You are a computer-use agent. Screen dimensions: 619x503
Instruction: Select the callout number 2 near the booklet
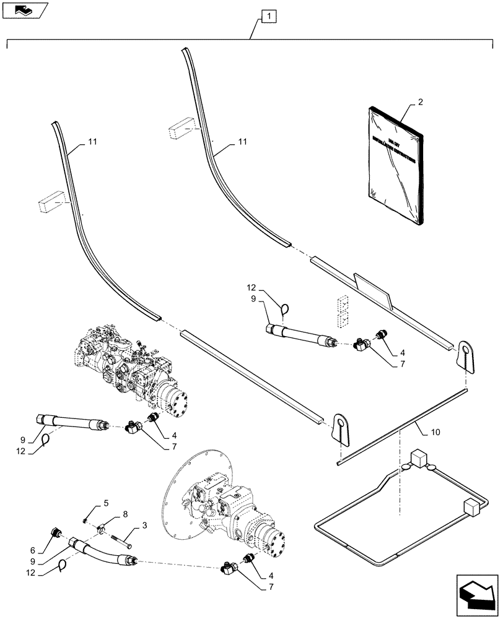click(x=420, y=102)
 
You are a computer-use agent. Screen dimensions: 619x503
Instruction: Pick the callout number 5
click(x=105, y=503)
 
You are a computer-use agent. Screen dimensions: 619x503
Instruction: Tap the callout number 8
click(x=126, y=514)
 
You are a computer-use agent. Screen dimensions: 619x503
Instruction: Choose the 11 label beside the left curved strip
click(x=92, y=142)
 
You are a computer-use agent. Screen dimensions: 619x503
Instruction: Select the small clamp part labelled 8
click(x=103, y=528)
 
